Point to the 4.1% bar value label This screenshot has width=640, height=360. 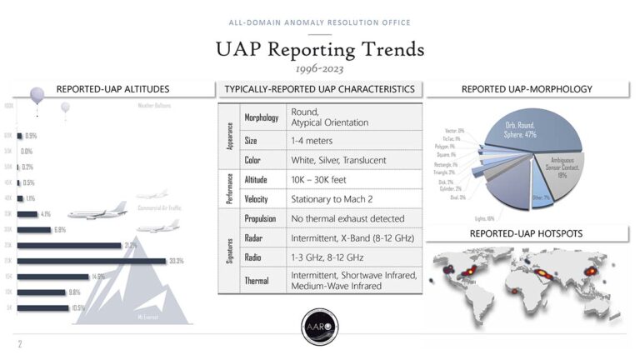click(x=46, y=213)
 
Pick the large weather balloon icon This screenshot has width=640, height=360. click(x=37, y=97)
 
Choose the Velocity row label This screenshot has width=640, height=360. click(x=256, y=199)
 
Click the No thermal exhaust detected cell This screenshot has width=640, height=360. click(x=347, y=218)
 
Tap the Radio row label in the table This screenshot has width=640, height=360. click(x=253, y=258)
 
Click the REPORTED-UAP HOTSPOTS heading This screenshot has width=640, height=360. click(x=526, y=233)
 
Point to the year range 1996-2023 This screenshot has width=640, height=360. click(x=320, y=69)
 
